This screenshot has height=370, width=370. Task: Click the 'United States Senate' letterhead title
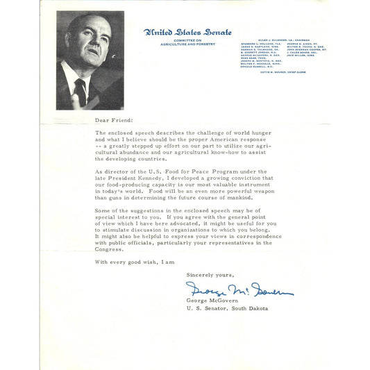coord(187,32)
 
